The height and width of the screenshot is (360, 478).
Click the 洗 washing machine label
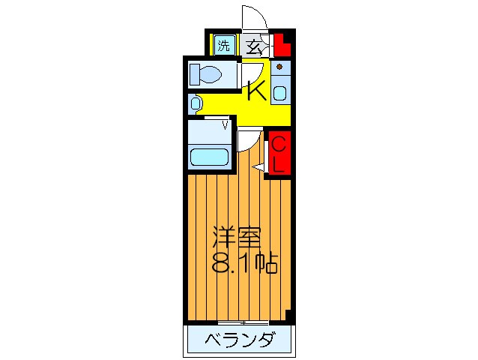223,46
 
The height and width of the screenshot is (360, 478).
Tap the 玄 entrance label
253,46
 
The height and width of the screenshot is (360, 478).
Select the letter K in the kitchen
256,91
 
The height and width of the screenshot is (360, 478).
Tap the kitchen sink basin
279,93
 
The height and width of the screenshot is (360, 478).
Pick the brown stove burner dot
279,66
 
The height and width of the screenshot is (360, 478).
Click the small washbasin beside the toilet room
195,102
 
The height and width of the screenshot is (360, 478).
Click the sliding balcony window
234,322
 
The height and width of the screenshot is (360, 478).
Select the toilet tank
194,75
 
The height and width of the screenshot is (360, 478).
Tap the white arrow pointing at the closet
258,169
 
